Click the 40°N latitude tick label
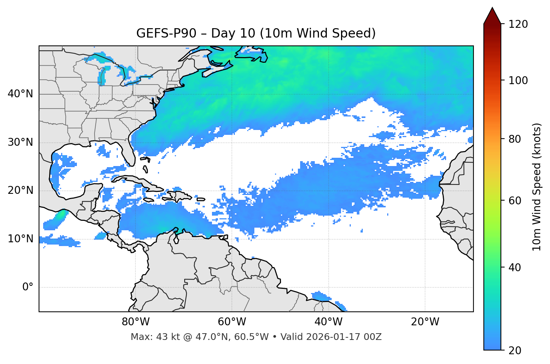(20, 94)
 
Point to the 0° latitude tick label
(28, 287)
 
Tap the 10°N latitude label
(20, 239)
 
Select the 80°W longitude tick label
(135, 322)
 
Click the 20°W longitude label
(425, 322)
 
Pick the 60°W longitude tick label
(232, 322)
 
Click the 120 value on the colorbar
(518, 24)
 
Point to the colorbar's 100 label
(518, 80)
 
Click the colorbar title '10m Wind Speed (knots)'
(537, 187)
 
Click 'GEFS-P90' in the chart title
(166, 33)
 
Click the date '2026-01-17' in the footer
(334, 337)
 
